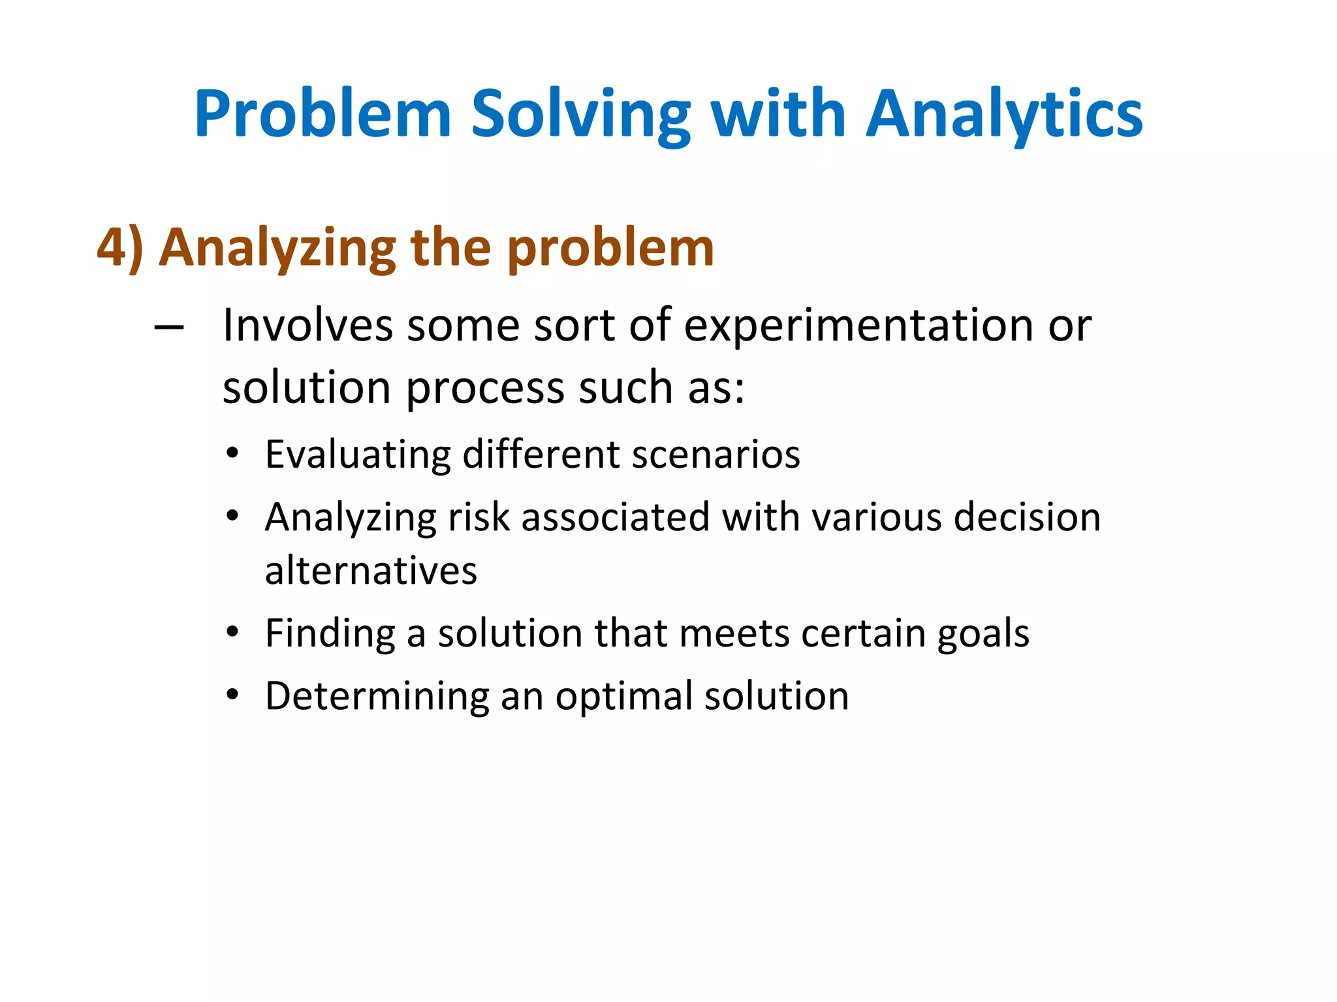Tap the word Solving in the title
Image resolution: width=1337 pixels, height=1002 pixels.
pos(580,115)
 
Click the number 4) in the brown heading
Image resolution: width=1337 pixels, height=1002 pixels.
pos(120,248)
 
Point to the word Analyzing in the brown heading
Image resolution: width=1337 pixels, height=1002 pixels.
pos(277,248)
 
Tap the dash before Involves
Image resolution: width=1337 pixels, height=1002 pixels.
pos(168,326)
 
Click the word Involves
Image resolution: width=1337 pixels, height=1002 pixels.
pos(307,325)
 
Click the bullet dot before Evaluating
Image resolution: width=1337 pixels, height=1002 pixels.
pos(232,453)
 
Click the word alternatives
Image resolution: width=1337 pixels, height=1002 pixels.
pos(371,571)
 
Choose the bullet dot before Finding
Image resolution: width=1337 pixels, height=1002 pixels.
pos(232,632)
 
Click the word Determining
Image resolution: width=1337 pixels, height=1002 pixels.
pos(377,696)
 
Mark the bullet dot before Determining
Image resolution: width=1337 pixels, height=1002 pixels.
pos(232,695)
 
